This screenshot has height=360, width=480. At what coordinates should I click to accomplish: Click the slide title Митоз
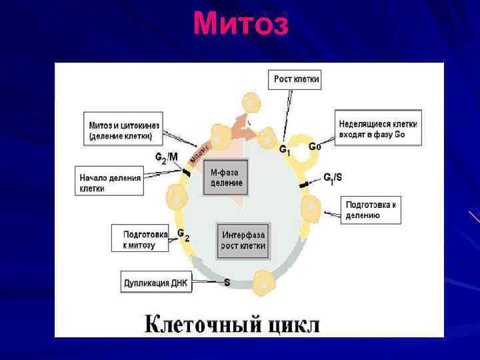tap(241, 25)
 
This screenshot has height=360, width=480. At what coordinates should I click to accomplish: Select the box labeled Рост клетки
tap(297, 80)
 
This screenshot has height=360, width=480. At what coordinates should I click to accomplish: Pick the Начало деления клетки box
tap(111, 182)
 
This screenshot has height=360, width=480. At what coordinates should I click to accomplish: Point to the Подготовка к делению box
tap(371, 209)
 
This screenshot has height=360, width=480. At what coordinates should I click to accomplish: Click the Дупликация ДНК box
tap(156, 283)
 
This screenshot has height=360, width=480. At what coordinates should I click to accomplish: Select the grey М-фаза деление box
tap(226, 177)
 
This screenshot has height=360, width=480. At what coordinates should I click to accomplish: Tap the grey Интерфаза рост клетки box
tap(243, 241)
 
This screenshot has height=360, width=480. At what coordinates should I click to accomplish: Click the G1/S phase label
tap(333, 177)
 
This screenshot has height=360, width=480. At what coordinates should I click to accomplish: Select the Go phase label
tap(314, 147)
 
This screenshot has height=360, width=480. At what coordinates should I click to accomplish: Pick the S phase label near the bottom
tap(227, 282)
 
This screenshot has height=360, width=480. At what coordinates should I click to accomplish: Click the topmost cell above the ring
tap(250, 103)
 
